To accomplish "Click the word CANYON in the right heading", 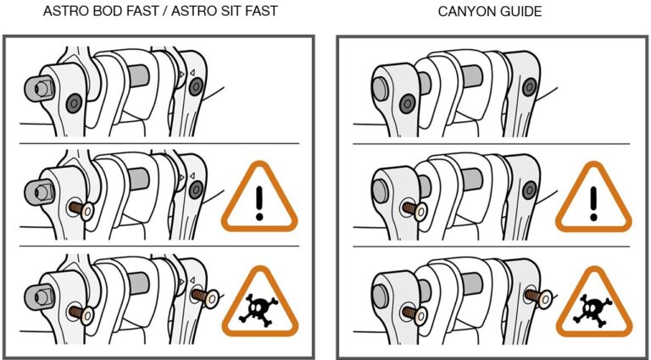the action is click(x=465, y=11).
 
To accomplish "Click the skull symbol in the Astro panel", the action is click(x=259, y=308).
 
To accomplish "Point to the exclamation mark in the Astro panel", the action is click(x=260, y=202).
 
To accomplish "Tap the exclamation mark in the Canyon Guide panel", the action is click(x=593, y=203).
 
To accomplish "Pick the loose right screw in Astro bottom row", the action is click(x=205, y=298).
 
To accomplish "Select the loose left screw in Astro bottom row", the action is click(x=81, y=313).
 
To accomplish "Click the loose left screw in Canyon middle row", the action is click(x=414, y=210).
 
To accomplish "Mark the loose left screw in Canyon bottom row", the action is click(x=414, y=313).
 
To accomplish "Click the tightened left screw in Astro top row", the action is click(x=74, y=102).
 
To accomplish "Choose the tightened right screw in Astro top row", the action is click(x=195, y=86).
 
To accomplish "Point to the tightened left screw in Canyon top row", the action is click(x=407, y=102).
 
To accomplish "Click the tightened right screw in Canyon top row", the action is click(x=529, y=86).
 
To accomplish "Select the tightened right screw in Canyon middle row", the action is click(x=529, y=190).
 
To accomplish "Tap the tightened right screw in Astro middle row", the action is click(x=195, y=190).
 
